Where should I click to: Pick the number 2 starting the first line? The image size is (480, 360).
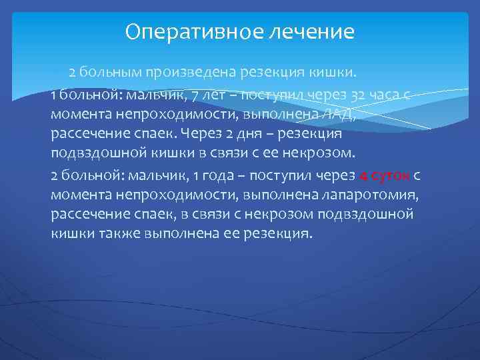72,72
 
